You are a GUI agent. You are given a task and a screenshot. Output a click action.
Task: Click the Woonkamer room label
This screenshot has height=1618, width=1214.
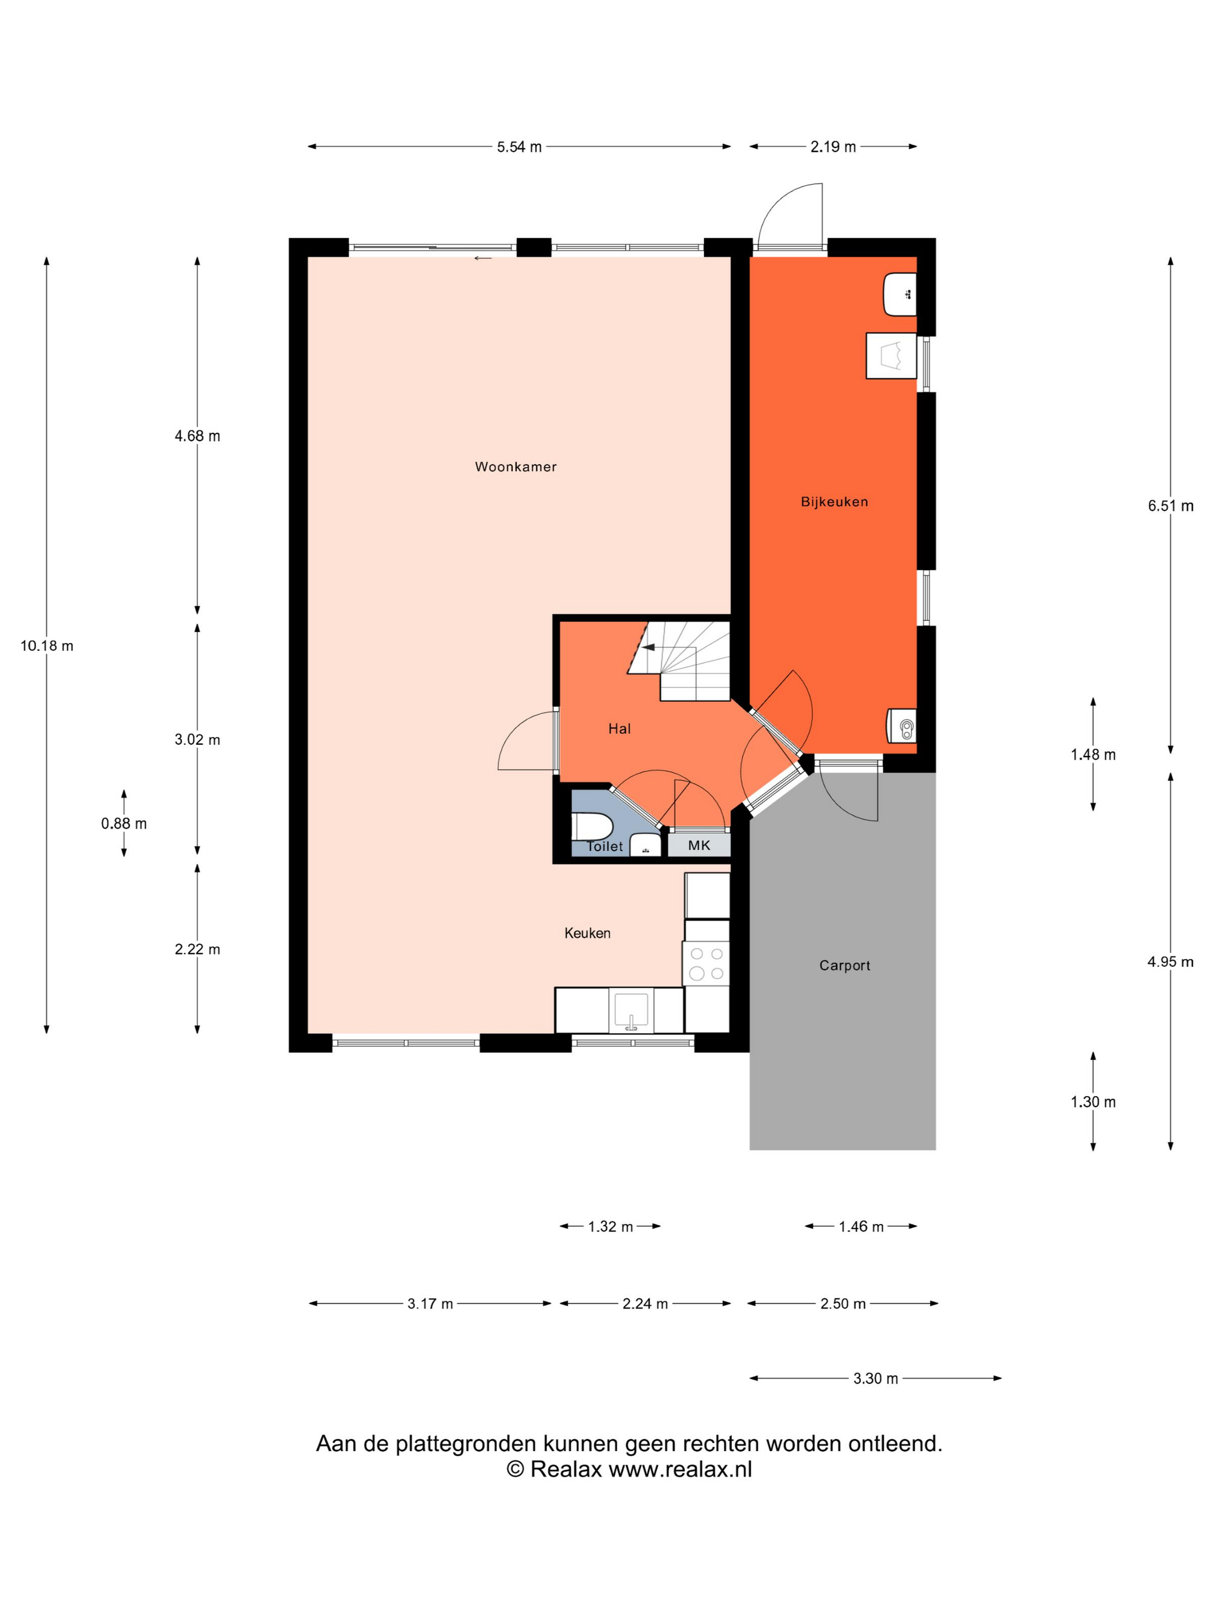click(x=515, y=467)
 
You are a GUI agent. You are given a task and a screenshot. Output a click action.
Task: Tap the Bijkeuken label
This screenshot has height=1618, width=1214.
click(x=834, y=502)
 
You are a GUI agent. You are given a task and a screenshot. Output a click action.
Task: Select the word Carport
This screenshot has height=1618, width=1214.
click(x=845, y=966)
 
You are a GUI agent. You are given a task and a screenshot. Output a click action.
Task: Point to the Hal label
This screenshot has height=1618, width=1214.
click(x=619, y=729)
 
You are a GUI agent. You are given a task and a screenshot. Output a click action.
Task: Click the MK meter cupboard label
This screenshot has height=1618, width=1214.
click(x=699, y=845)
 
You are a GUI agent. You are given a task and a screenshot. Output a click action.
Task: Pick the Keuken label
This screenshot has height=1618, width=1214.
click(x=587, y=933)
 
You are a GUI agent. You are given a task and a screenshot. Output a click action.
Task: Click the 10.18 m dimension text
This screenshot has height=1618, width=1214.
click(x=47, y=646)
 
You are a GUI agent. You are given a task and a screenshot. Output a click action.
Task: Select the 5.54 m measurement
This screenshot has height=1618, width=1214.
click(x=520, y=147)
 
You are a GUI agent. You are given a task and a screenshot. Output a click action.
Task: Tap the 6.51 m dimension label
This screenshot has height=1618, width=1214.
click(x=1170, y=506)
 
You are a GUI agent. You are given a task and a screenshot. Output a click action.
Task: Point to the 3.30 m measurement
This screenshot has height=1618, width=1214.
click(x=875, y=1379)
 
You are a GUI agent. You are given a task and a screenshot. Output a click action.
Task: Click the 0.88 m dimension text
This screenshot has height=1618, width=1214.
click(x=124, y=823)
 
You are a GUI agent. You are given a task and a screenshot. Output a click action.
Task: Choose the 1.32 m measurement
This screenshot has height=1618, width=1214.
click(x=610, y=1227)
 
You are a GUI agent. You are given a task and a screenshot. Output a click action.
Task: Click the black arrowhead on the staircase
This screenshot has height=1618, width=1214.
click(x=647, y=647)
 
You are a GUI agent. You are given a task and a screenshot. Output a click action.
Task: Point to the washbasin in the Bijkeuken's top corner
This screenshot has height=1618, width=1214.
click(x=900, y=295)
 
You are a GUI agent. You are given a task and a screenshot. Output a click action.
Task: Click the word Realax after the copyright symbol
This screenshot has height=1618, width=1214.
click(x=565, y=1469)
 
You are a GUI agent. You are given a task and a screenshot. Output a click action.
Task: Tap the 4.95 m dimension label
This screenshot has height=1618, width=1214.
click(x=1170, y=963)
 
